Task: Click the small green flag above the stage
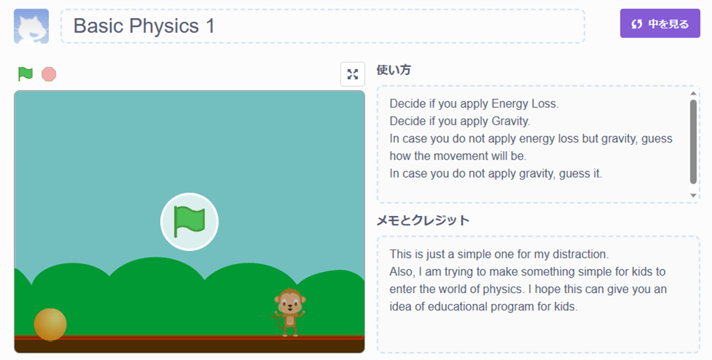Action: tap(25, 73)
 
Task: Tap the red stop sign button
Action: tap(48, 74)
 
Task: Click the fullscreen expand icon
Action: tap(353, 74)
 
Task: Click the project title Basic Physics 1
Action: tap(144, 26)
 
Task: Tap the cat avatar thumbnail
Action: tap(31, 26)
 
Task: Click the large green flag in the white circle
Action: tap(190, 222)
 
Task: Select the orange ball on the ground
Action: tap(50, 324)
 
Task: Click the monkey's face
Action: tap(290, 301)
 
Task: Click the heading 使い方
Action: tap(394, 70)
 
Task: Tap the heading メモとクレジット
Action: tap(422, 220)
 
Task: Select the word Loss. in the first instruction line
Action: tap(544, 104)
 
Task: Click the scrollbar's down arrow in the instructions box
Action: tap(693, 195)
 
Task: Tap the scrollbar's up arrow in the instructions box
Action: tap(693, 94)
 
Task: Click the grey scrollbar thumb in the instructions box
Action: tap(693, 142)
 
